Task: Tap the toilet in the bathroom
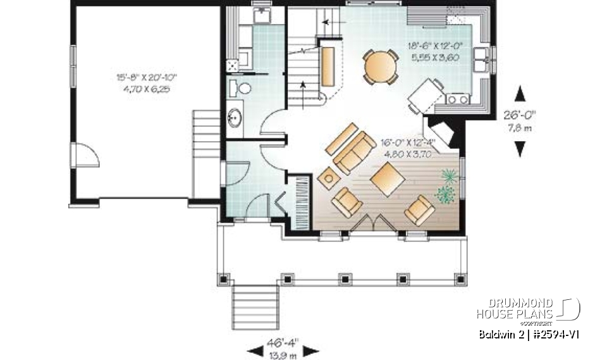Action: click(243, 87)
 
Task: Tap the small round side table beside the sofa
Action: click(328, 178)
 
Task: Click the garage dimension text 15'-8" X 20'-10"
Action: click(146, 77)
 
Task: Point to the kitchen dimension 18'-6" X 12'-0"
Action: click(436, 46)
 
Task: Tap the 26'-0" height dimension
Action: click(520, 116)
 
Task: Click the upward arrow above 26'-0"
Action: click(520, 94)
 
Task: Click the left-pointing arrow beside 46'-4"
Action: click(257, 350)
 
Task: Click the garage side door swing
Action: click(85, 154)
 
